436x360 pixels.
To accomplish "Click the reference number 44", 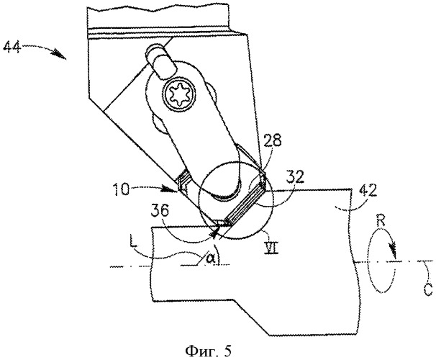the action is pos(12,48).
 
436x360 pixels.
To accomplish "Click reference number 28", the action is pos(272,141).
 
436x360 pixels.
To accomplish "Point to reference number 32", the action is pos(295,178).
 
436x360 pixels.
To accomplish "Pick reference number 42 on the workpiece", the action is pos(368,191).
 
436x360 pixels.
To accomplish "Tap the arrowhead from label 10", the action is pos(172,189).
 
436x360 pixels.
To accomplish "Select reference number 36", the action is pos(160,211).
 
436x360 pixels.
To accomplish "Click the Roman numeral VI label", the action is pos(272,248).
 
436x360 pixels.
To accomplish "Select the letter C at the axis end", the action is pos(429,290).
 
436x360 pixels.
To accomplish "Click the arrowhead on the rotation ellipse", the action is pos(394,249).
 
